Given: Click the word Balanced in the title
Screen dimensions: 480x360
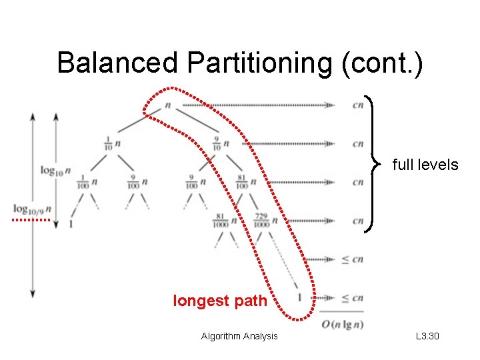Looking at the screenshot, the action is (118, 63).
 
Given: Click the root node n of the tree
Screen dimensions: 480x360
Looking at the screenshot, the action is (167, 105).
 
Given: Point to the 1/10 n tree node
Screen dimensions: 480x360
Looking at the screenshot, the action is (111, 143).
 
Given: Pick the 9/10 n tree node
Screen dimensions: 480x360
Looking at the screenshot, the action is (221, 143).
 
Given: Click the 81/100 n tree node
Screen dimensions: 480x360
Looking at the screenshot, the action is (246, 181).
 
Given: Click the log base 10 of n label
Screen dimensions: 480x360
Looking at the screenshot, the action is (56, 170).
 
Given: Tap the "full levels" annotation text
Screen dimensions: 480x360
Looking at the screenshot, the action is (425, 164).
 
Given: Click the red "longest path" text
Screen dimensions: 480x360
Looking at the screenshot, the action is (220, 301).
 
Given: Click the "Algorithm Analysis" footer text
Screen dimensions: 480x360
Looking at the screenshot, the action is (239, 336).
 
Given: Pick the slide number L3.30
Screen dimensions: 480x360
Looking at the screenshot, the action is (427, 336).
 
